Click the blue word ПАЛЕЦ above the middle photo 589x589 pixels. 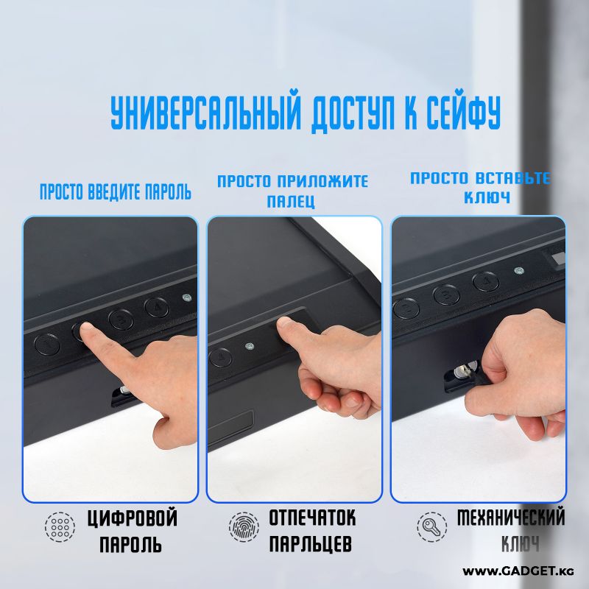pyautogui.click(x=291, y=201)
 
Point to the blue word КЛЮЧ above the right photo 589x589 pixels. pyautogui.click(x=487, y=197)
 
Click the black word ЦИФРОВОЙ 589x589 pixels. pyautogui.click(x=133, y=518)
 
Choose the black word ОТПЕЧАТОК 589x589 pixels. pyautogui.click(x=312, y=518)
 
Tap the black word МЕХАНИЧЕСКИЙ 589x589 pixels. pyautogui.click(x=511, y=517)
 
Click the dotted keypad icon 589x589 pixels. pyautogui.click(x=60, y=526)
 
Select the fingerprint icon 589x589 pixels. pyautogui.click(x=244, y=526)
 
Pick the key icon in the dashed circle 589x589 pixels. pyautogui.click(x=431, y=526)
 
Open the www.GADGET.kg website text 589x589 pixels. pyautogui.click(x=518, y=571)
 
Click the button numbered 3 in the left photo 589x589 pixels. pyautogui.click(x=121, y=320)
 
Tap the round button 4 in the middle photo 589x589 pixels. pyautogui.click(x=220, y=357)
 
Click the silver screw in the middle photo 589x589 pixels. pyautogui.click(x=248, y=346)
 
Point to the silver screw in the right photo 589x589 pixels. pyautogui.click(x=519, y=270)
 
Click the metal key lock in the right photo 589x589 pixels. pyautogui.click(x=464, y=370)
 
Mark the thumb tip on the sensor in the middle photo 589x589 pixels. pyautogui.click(x=286, y=323)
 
